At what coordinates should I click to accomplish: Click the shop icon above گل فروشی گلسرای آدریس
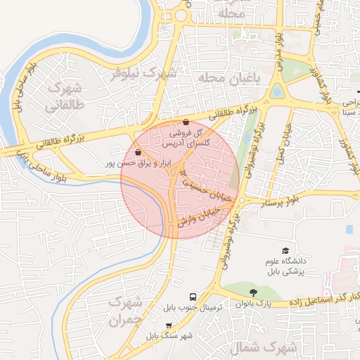tap(185, 122)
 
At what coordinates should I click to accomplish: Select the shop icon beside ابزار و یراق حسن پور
tap(139, 152)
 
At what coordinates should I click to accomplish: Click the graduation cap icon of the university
tap(285, 251)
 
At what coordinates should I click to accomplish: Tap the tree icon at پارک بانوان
tap(252, 292)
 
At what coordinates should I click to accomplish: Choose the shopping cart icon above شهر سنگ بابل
tap(169, 325)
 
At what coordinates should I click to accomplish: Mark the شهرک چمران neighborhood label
tap(127, 311)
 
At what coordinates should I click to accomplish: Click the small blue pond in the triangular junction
tap(277, 91)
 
